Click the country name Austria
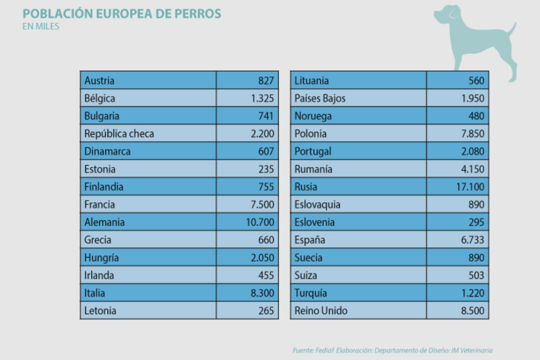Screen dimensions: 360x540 tap(99, 81)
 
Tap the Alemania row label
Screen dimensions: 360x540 tap(104, 222)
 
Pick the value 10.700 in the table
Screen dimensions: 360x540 tap(259, 222)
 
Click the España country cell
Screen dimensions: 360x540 tap(310, 240)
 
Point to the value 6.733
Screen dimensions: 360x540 tap(472, 240)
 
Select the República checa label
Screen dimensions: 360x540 tap(119, 134)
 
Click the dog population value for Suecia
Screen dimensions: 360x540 tap(476, 258)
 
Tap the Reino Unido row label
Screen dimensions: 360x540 tap(321, 310)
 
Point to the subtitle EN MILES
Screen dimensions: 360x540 tap(40, 27)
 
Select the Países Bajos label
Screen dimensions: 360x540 tap(320, 98)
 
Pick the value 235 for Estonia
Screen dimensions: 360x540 tap(265, 169)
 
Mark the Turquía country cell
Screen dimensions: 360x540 tap(310, 293)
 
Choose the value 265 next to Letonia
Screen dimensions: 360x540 tap(265, 310)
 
